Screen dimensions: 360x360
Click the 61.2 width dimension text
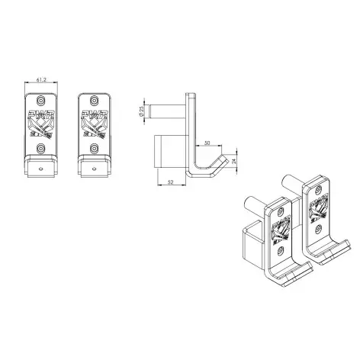[x=43, y=79]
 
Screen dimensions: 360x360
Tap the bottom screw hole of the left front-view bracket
[x=41, y=142]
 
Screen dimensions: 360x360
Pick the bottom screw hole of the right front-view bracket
[x=95, y=142]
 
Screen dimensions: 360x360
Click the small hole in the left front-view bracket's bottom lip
[x=41, y=163]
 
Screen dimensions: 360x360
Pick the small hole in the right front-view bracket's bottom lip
[x=95, y=163]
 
